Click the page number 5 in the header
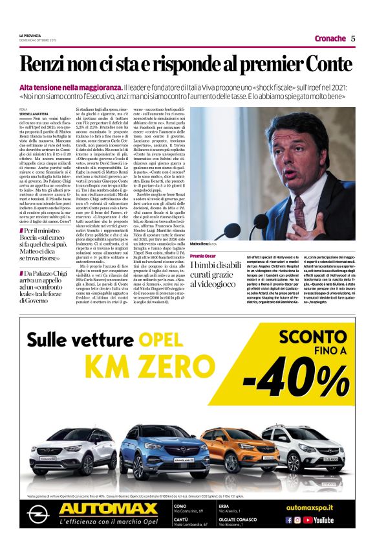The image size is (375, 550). click(353, 38)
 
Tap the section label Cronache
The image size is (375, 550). click(330, 38)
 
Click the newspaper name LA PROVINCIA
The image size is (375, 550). click(30, 35)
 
